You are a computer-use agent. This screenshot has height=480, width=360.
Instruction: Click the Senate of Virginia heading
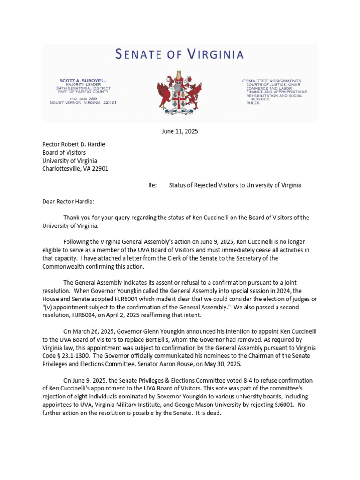pyautogui.click(x=180, y=54)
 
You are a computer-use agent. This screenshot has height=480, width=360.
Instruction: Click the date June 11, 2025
pyautogui.click(x=180, y=131)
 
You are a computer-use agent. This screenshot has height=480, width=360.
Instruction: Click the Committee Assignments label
pyautogui.click(x=272, y=81)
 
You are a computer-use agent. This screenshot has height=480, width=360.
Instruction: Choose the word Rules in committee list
pyautogui.click(x=253, y=103)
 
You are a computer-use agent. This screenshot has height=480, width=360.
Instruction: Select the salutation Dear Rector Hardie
pyautogui.click(x=68, y=201)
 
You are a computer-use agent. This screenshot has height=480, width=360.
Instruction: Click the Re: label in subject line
pyautogui.click(x=152, y=185)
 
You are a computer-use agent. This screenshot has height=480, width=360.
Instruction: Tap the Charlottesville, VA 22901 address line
pyautogui.click(x=75, y=169)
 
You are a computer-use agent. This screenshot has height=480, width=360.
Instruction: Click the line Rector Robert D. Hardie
pyautogui.click(x=74, y=144)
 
